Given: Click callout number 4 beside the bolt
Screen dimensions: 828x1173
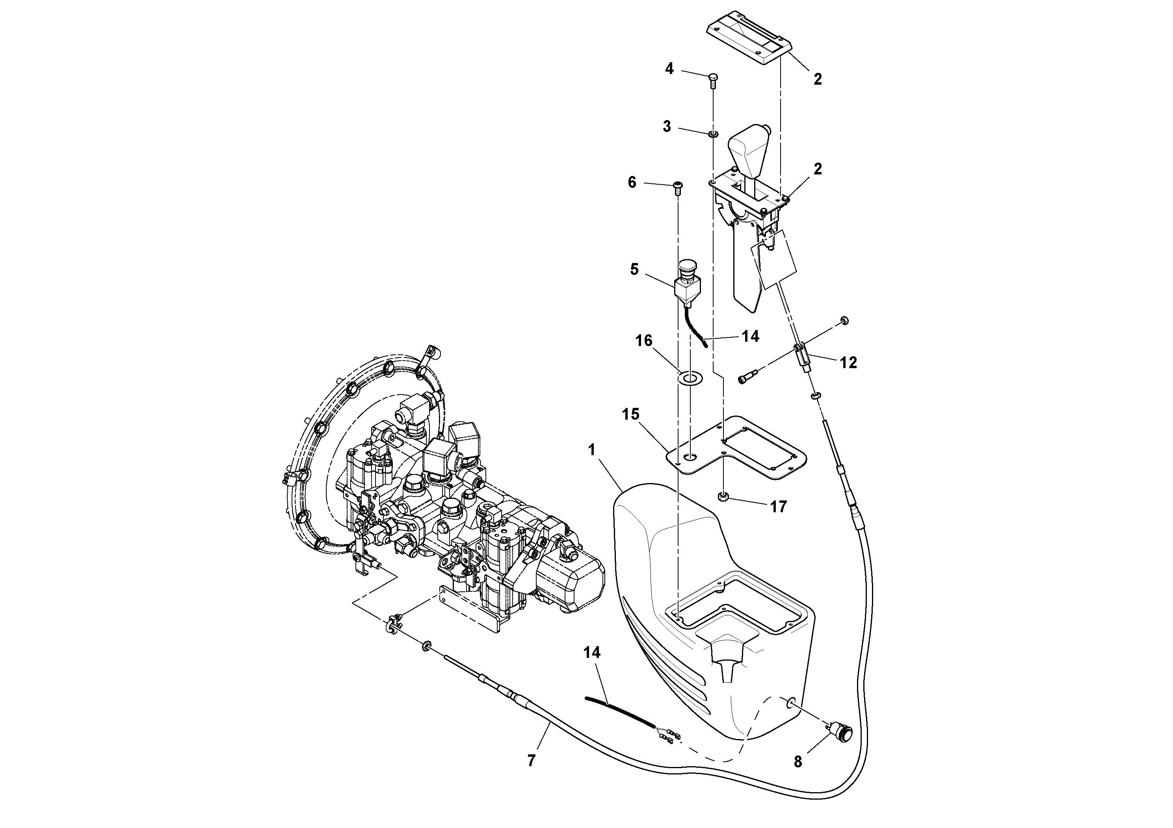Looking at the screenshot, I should pos(669,69).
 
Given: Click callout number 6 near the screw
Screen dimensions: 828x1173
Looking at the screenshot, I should pos(632,182).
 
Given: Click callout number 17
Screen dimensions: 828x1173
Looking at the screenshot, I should pos(778,506).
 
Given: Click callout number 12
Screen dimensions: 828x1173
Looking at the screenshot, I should pos(848,363).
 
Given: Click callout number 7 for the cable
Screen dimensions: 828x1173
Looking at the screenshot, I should pos(531,761).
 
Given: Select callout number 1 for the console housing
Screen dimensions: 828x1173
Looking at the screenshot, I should pos(591,450).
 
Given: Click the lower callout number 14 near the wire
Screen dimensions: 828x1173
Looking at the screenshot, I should pos(592,652).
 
